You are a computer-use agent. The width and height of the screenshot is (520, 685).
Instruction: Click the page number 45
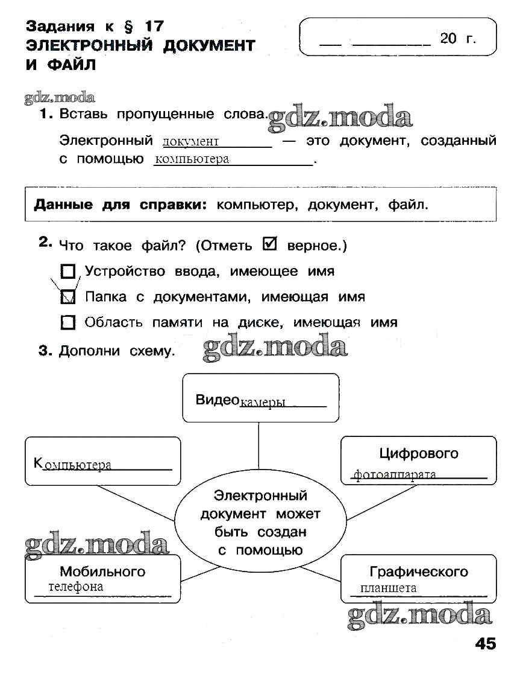point(485,643)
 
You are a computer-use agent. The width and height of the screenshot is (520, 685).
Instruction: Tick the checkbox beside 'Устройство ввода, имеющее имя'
point(69,271)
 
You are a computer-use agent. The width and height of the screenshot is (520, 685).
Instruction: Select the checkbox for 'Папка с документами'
point(69,297)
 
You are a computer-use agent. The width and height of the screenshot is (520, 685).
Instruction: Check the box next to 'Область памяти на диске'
point(69,322)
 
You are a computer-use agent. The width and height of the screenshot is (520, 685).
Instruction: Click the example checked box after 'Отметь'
point(271,244)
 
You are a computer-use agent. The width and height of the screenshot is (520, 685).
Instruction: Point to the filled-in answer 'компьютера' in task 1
point(192,159)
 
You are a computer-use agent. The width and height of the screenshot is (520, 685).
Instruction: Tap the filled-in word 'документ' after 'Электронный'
point(190,142)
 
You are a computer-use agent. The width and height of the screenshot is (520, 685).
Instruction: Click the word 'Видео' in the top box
point(217,400)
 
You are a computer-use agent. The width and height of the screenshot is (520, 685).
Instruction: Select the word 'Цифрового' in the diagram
point(419,453)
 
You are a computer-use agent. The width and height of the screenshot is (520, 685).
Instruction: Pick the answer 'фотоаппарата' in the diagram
point(395,474)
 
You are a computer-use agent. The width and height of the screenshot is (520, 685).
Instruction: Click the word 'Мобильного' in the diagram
point(102,571)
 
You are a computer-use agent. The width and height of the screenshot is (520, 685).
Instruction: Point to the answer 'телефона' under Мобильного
point(76,587)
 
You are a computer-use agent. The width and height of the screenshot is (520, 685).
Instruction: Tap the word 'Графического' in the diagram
point(419,572)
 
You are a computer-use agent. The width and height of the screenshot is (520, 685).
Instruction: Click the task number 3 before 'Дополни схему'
point(43,351)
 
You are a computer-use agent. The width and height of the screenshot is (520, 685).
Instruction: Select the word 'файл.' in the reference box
point(408,205)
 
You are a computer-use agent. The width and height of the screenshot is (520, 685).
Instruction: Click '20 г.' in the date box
point(458,39)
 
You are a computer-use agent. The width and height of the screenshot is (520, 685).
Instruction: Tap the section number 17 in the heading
point(154,26)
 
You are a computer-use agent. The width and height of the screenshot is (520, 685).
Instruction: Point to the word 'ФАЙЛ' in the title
point(70,65)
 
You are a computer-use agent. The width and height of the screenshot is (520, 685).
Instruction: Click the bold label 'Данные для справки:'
point(120,205)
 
